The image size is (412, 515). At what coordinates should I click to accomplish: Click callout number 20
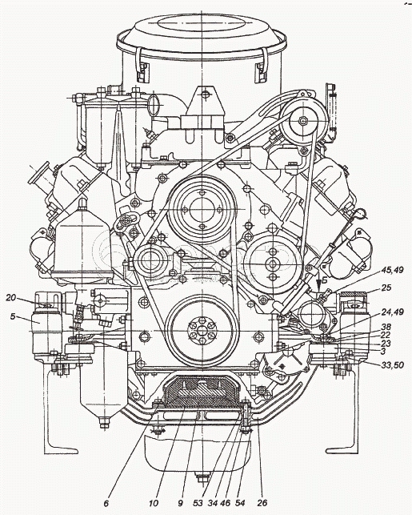(x=10, y=298)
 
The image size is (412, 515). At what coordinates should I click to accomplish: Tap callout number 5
(x=13, y=316)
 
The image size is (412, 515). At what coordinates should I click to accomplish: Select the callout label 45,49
(x=392, y=270)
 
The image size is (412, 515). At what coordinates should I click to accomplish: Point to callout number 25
(x=386, y=288)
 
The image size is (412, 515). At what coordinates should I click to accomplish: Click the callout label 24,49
(x=392, y=311)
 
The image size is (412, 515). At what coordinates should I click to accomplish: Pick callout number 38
(x=386, y=327)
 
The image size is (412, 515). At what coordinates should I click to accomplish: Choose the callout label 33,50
(x=392, y=364)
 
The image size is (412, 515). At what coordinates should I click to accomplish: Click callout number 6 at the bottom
(x=106, y=503)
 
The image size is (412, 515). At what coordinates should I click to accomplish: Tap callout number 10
(x=154, y=503)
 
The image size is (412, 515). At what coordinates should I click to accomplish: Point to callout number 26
(x=262, y=503)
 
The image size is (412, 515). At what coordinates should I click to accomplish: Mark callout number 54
(x=240, y=503)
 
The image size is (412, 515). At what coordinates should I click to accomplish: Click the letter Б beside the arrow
(x=325, y=280)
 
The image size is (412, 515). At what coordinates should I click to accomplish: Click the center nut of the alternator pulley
(x=302, y=120)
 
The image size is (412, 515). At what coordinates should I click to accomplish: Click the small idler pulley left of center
(x=152, y=261)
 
